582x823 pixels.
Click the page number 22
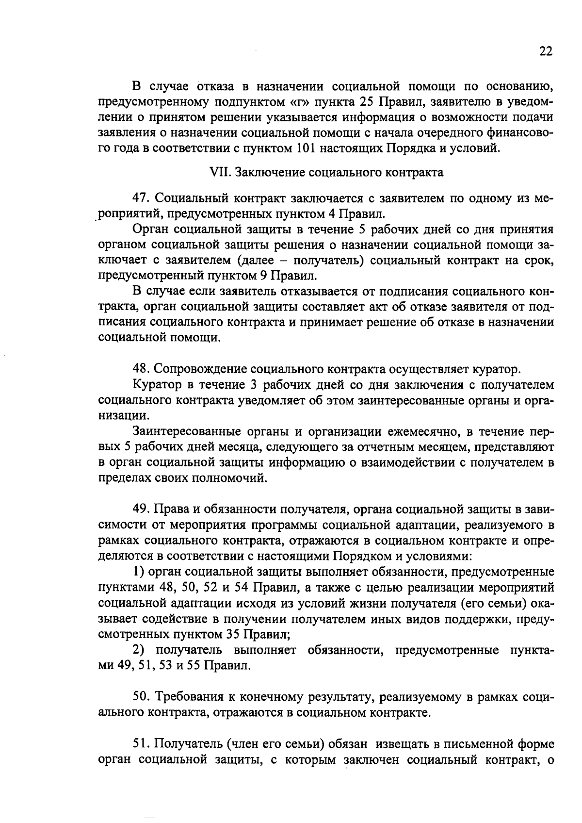(x=546, y=52)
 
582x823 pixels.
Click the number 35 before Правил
(x=233, y=634)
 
